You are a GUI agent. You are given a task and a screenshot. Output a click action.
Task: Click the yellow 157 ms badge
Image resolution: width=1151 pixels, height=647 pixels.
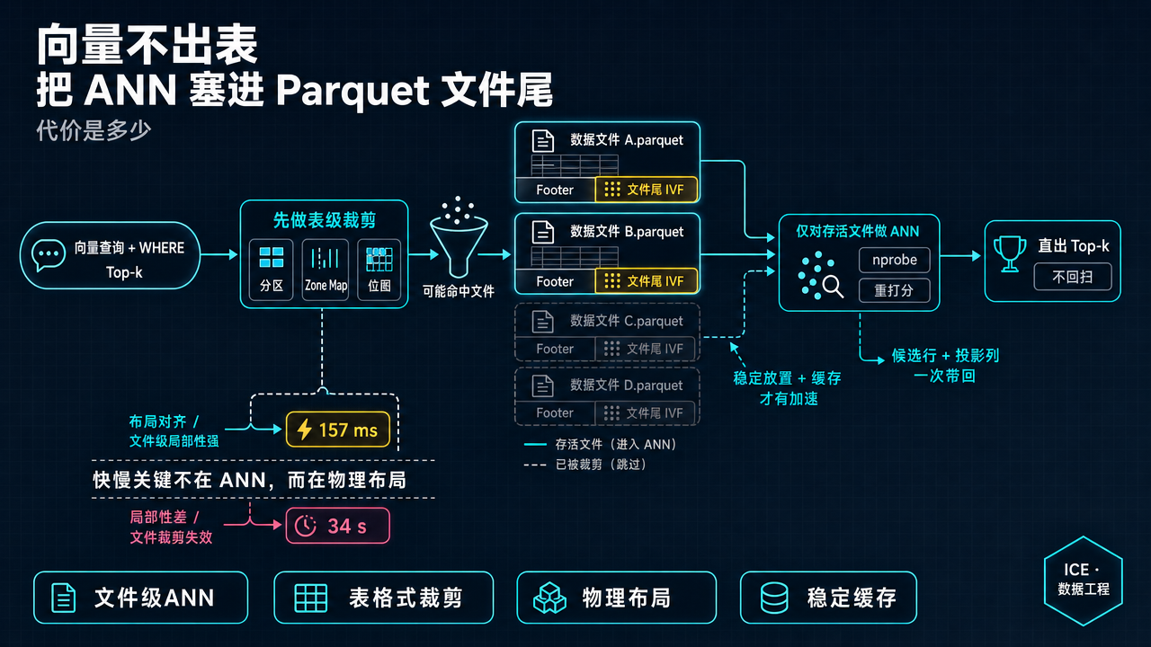337,430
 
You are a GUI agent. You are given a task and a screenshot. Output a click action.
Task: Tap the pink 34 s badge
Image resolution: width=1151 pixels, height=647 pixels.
337,526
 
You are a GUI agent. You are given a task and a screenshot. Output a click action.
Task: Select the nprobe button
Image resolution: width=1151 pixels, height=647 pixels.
895,260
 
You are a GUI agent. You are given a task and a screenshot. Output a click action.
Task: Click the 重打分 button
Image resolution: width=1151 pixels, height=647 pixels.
895,290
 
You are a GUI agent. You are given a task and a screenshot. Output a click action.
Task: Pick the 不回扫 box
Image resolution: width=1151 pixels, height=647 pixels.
1073,277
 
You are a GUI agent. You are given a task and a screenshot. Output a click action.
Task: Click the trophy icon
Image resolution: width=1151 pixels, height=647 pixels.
1010,253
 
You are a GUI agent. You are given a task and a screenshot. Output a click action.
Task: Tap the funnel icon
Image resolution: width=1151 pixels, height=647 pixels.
459,238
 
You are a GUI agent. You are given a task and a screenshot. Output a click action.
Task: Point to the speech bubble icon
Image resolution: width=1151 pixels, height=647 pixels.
49,255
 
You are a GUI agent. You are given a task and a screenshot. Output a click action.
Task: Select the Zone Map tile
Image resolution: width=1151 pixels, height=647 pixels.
326,270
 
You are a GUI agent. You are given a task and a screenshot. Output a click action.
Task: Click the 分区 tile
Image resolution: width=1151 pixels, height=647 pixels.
272,270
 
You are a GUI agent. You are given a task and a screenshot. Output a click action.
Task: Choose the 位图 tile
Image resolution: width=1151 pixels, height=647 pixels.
379,270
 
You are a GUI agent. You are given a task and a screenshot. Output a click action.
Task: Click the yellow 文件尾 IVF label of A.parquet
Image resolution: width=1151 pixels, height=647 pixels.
647,190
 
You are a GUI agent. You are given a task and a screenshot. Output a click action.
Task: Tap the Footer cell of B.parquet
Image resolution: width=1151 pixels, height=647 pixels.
555,281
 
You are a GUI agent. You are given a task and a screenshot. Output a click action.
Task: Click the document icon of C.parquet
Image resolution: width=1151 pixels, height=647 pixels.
542,322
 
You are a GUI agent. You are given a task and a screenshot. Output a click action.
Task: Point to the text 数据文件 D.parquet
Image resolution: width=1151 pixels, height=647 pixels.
627,386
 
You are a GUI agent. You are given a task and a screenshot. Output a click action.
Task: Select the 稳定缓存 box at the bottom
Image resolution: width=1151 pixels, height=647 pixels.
828,598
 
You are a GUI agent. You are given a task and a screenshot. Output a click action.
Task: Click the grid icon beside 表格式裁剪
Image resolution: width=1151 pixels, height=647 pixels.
310,598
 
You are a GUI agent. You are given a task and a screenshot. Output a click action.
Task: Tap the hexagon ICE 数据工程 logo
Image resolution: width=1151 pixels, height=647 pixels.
1084,581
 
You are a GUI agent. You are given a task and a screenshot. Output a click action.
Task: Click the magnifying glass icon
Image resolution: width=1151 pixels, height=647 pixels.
833,287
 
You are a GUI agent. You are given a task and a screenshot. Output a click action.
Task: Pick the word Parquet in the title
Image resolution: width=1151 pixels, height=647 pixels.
352,91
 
